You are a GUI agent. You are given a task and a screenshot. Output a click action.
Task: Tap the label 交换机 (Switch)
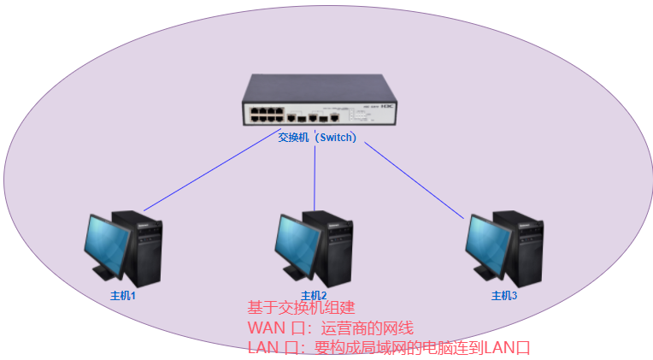317,137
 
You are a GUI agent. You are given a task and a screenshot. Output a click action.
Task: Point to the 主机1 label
123,295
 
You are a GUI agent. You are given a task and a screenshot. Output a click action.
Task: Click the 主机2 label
314,295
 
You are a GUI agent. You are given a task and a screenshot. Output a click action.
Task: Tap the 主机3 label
504,295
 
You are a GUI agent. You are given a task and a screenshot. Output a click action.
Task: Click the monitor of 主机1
108,245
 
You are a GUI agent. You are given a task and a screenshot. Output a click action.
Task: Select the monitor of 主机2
297,245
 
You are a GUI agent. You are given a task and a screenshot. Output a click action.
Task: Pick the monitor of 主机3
488,245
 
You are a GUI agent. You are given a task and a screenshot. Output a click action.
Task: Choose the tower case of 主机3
525,248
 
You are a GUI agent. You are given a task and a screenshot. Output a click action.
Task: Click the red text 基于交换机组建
300,308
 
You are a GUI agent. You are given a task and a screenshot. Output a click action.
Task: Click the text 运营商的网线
367,328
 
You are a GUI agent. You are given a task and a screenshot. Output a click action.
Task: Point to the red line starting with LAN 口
388,348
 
